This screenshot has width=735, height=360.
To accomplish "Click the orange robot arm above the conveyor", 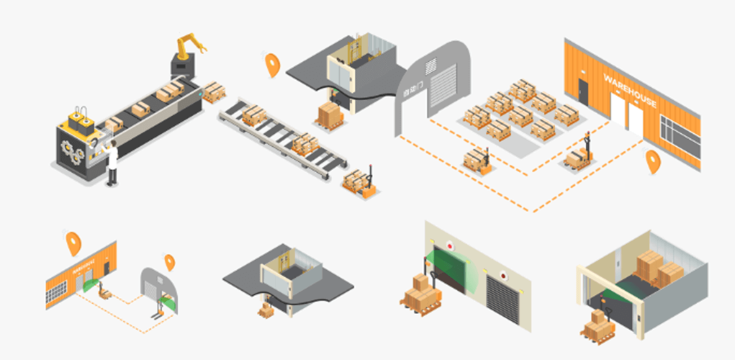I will tap(190, 47).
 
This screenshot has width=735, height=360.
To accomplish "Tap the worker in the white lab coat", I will tap(112, 163).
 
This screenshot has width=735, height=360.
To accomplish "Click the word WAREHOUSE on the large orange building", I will tap(630, 90).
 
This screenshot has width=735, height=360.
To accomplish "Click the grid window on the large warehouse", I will tap(679, 135).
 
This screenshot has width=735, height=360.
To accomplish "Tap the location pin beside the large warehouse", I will tap(653, 161).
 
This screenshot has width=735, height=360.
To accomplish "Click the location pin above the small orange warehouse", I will tap(73, 243).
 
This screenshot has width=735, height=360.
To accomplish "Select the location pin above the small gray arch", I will tap(169, 262).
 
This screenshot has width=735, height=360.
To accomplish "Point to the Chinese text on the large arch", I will tap(410, 90).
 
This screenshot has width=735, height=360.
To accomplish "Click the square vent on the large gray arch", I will tap(431, 66).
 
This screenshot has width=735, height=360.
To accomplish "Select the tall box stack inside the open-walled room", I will tap(649, 267).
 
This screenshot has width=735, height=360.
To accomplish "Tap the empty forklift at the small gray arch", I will tap(157, 313).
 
